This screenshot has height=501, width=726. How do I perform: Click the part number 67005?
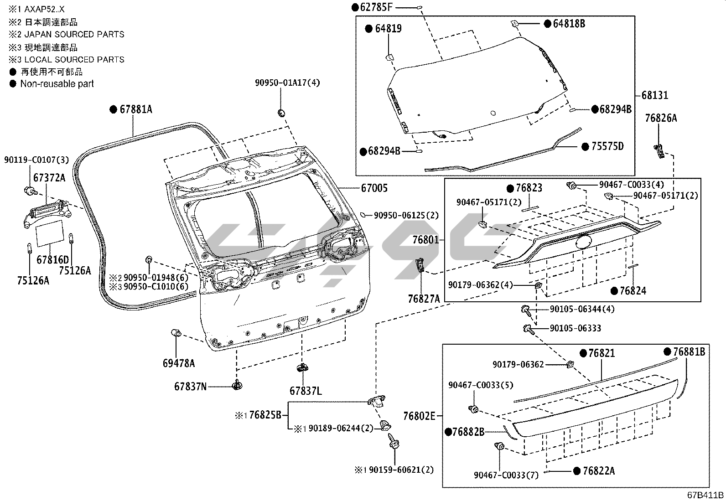click(x=374, y=188)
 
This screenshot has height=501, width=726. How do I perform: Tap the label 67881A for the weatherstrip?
click(x=136, y=109)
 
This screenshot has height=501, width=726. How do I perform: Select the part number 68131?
click(x=655, y=95)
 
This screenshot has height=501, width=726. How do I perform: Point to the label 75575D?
click(x=607, y=146)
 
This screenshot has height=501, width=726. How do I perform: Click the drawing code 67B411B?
click(x=705, y=495)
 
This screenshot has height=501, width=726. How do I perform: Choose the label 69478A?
click(x=179, y=363)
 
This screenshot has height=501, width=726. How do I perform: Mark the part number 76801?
click(x=425, y=240)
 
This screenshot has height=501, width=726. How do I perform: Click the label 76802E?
click(x=419, y=416)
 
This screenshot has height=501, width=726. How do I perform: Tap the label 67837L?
click(x=306, y=391)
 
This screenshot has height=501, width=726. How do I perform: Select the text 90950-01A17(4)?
click(x=287, y=83)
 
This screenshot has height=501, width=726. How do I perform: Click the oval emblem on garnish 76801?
click(x=584, y=242)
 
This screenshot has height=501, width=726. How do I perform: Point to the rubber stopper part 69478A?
click(x=176, y=333)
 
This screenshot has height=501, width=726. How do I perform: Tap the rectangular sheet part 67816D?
click(x=50, y=232)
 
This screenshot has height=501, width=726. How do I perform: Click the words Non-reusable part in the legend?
click(x=57, y=84)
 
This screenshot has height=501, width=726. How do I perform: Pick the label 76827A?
click(x=424, y=299)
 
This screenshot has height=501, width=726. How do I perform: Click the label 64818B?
click(x=569, y=24)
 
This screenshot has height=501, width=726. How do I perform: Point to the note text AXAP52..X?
click(x=44, y=10)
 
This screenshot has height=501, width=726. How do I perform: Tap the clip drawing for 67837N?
click(x=237, y=385)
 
